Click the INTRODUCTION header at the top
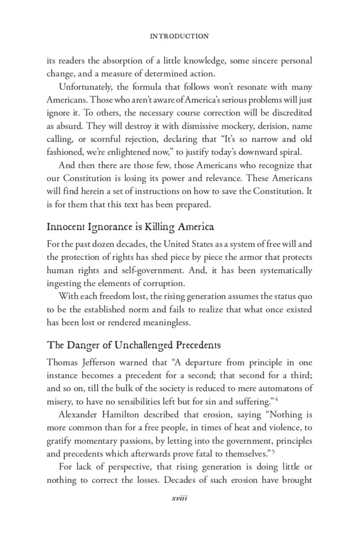tap(179, 37)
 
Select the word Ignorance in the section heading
tap(106, 227)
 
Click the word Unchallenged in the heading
tap(128, 345)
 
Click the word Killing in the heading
tap(148, 227)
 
